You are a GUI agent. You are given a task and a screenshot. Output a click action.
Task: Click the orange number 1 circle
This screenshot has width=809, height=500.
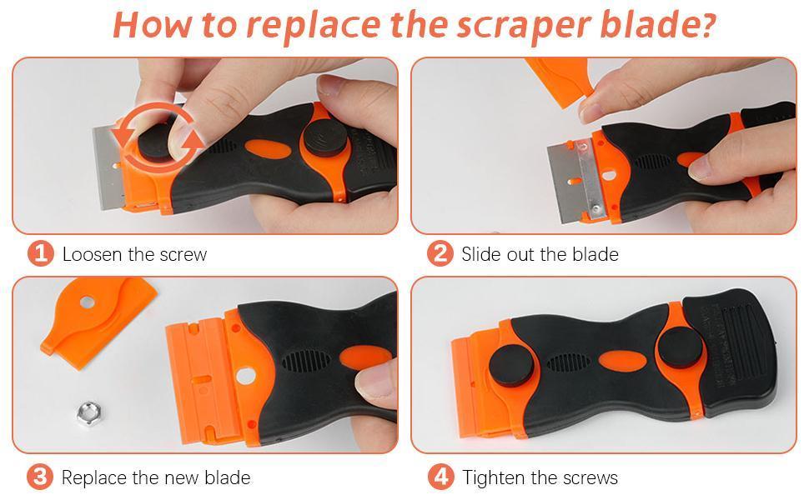[x=40, y=253]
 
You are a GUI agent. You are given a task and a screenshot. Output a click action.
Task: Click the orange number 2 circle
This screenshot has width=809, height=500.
[x=440, y=253]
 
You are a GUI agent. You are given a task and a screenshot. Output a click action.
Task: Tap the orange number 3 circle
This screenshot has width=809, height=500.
[x=40, y=477]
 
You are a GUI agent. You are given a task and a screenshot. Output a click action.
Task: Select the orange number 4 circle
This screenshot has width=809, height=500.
[x=440, y=477]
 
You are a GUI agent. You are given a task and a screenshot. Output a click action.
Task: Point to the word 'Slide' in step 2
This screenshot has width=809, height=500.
[x=481, y=254]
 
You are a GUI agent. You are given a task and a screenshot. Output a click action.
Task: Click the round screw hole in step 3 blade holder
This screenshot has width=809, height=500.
[x=244, y=376]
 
